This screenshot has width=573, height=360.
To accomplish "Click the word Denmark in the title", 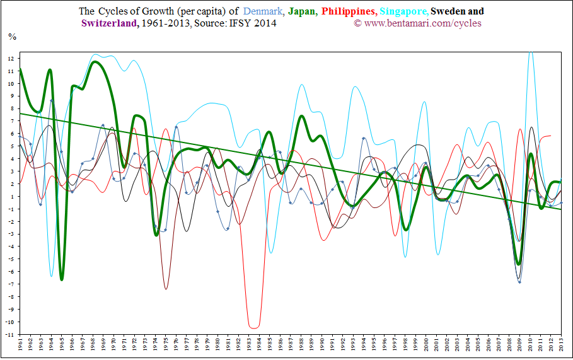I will pos(263,11).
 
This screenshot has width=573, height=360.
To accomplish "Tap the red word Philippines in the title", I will pos(349,11).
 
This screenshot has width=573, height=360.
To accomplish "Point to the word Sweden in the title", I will pos(449,11).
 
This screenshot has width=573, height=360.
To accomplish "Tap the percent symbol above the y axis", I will pos(12,36).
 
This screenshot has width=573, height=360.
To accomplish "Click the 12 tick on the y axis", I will pos(11,58).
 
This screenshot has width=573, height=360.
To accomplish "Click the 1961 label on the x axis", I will pos(20,347).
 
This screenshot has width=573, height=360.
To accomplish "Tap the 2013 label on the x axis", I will pos(561,347).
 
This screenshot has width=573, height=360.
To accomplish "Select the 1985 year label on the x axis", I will pos(270,347).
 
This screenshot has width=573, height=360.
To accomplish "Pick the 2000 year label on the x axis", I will pos(426,347).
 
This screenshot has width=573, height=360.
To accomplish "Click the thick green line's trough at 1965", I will pos(62,279).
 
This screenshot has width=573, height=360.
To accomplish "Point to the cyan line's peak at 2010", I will pos(530,53).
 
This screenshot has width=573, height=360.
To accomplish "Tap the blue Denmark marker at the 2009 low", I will pos(519,282).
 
